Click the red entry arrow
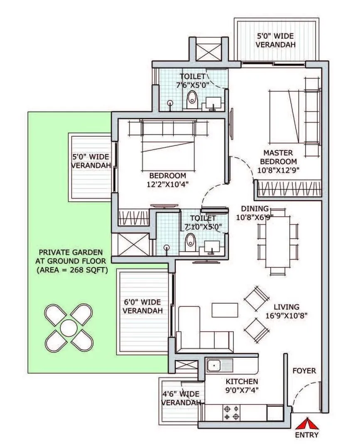point(307,424)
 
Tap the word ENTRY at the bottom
point(307,435)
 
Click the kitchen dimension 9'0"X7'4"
point(242,390)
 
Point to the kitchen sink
point(214,366)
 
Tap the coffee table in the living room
point(225,310)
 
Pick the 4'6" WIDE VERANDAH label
point(180,398)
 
